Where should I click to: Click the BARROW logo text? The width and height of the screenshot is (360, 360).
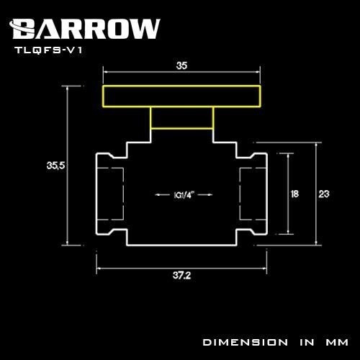coord(86,28)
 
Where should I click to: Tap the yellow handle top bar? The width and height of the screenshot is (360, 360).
coord(182,96)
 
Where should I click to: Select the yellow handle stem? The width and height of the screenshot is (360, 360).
coord(182,119)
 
